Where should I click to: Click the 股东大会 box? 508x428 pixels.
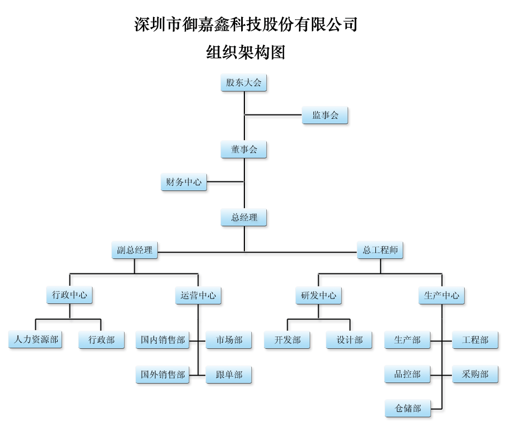[244, 83]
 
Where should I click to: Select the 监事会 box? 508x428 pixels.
[325, 115]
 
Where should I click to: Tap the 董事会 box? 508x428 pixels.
[244, 150]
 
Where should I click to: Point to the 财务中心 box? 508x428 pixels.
[184, 182]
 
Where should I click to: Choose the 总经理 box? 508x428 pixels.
[244, 218]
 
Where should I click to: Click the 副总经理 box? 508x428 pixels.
[135, 250]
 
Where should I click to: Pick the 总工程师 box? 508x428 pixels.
[380, 250]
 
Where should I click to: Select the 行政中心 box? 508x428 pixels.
[70, 295]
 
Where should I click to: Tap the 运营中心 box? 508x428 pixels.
[198, 295]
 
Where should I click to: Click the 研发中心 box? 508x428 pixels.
[318, 295]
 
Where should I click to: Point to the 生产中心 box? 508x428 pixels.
[442, 295]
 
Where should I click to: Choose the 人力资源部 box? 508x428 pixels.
[36, 340]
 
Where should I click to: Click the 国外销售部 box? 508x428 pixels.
[163, 374]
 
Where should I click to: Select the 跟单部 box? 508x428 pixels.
[229, 374]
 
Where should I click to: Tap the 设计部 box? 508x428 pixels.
[350, 340]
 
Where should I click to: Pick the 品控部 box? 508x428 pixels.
[407, 374]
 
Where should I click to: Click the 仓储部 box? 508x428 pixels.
[407, 409]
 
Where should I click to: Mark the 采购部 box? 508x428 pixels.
[475, 374]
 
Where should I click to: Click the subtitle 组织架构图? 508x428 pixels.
[245, 52]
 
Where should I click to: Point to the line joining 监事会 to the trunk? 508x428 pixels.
[273, 115]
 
